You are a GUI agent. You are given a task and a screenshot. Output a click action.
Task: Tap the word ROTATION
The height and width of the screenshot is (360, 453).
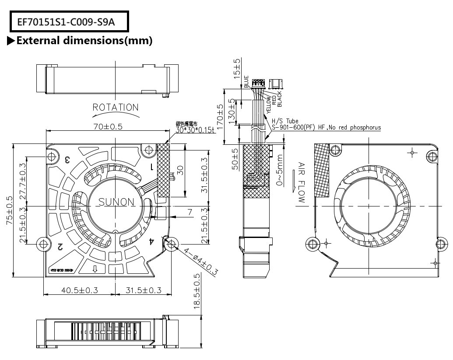click(116, 108)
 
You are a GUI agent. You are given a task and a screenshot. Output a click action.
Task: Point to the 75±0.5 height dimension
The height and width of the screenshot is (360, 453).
click(9, 210)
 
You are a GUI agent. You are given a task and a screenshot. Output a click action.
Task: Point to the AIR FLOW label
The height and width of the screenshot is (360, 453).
click(301, 182)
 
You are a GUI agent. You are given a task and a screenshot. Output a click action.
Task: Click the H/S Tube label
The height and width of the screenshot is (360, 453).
click(285, 121)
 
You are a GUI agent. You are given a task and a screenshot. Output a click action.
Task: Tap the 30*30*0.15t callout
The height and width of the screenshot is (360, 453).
click(195, 130)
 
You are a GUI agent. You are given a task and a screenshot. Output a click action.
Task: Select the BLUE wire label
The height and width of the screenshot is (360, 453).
click(246, 82)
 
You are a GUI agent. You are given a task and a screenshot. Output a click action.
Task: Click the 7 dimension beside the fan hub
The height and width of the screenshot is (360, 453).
click(190, 212)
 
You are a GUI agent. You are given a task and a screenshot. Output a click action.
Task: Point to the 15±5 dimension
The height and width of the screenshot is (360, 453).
click(237, 69)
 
